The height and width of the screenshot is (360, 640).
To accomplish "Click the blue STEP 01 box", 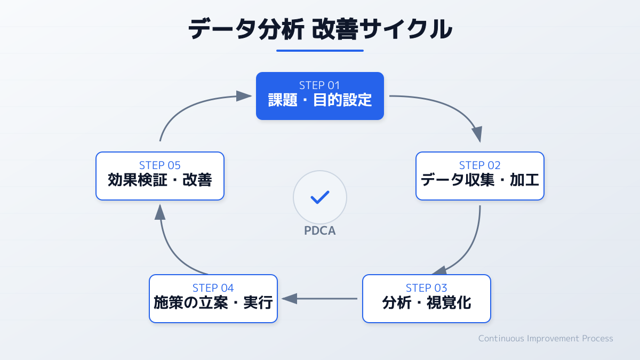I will (x=320, y=96).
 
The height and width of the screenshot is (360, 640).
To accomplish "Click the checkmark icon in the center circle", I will (x=320, y=197).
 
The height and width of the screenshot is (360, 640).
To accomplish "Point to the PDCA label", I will (x=320, y=231).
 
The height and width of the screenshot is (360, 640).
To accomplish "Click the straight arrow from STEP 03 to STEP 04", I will (x=320, y=299).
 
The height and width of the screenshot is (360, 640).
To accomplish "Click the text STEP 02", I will (x=480, y=165).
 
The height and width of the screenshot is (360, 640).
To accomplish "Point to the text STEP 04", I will (x=213, y=288).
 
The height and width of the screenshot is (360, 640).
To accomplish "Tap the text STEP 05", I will (x=160, y=165).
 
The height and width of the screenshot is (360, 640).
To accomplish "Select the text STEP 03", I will (x=427, y=288).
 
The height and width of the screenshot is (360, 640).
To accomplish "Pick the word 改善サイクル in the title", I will (x=382, y=29).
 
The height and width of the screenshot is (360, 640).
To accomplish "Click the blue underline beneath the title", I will (x=320, y=51).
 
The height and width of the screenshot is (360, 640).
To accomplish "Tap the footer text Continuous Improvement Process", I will (x=546, y=338).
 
